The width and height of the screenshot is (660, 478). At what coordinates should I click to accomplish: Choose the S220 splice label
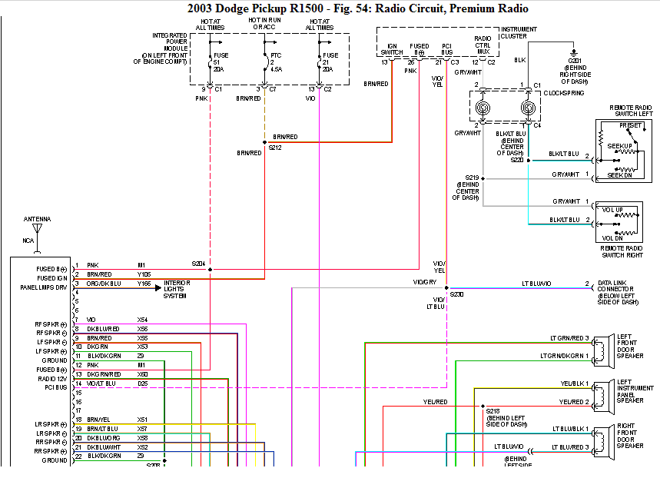tap(516, 160)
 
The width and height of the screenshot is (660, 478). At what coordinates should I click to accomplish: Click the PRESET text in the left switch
tap(630, 124)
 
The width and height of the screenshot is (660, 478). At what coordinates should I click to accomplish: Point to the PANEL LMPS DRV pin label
tap(43, 287)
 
